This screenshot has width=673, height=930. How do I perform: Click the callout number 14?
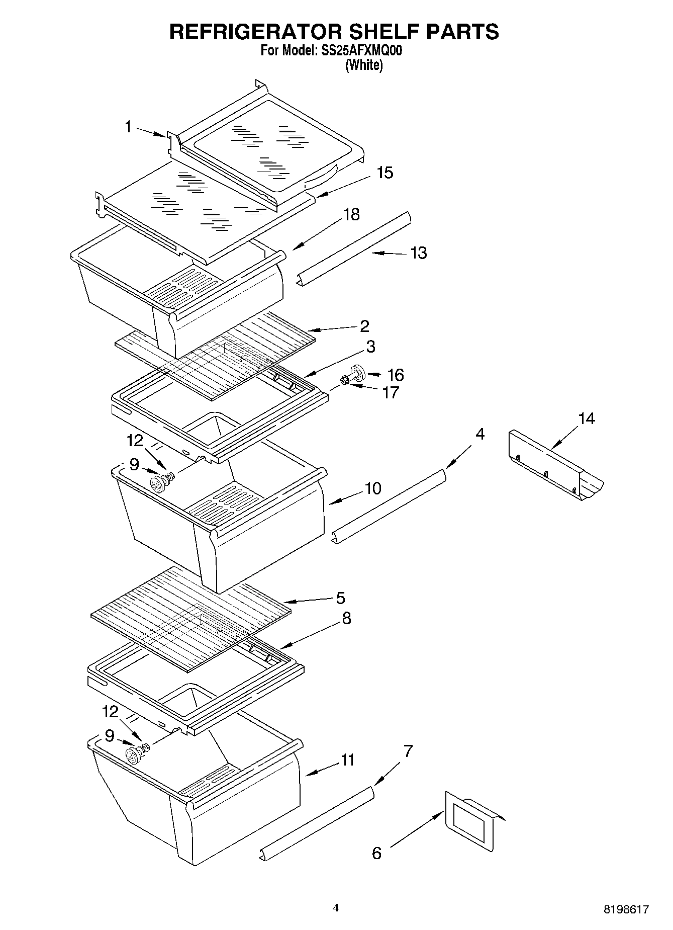(586, 418)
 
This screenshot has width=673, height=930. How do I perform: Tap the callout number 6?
(376, 853)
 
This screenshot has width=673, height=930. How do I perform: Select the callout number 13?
(419, 252)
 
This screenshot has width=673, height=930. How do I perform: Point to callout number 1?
(128, 127)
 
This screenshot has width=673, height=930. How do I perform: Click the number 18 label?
(351, 214)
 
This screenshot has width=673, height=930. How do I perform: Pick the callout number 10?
(373, 488)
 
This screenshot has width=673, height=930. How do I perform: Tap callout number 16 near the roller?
(396, 375)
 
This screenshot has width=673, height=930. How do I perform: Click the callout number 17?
(390, 392)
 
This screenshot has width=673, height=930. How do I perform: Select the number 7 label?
(408, 751)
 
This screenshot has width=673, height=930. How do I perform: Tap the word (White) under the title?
(363, 65)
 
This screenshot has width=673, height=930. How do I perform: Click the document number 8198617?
(626, 909)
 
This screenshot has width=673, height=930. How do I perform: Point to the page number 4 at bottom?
(336, 908)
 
